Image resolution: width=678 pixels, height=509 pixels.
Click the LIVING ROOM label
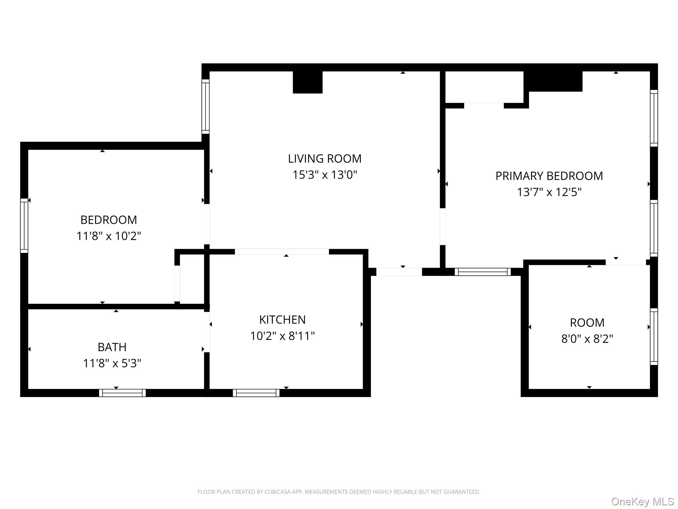pos(324,159)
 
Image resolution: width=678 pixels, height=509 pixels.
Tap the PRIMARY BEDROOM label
pos(549,176)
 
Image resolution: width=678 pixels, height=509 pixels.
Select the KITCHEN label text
pos(282,320)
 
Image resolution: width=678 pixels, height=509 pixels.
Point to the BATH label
pos(112,347)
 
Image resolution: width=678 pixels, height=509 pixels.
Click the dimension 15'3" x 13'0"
pos(325,175)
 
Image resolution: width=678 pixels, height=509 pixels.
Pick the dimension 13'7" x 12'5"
pos(549,192)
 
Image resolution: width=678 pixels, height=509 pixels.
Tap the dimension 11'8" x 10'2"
pos(109,236)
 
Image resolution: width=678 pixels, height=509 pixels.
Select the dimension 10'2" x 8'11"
pos(282,336)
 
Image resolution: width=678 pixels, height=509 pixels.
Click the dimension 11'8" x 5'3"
pos(112,364)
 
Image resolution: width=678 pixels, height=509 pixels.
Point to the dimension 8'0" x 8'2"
pos(587,339)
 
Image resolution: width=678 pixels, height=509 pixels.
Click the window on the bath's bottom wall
pos(122,393)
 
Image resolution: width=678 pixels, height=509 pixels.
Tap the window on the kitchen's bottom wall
pos(256,393)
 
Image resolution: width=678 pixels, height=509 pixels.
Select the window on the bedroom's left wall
pos(24,226)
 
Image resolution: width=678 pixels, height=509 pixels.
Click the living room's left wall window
pos(206,107)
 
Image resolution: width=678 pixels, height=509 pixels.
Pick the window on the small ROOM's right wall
pos(654,337)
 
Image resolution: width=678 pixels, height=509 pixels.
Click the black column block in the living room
pos(308,82)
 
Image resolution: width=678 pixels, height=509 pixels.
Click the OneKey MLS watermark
pos(643,502)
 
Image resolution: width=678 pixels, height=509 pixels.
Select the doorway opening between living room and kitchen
pos(282,252)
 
